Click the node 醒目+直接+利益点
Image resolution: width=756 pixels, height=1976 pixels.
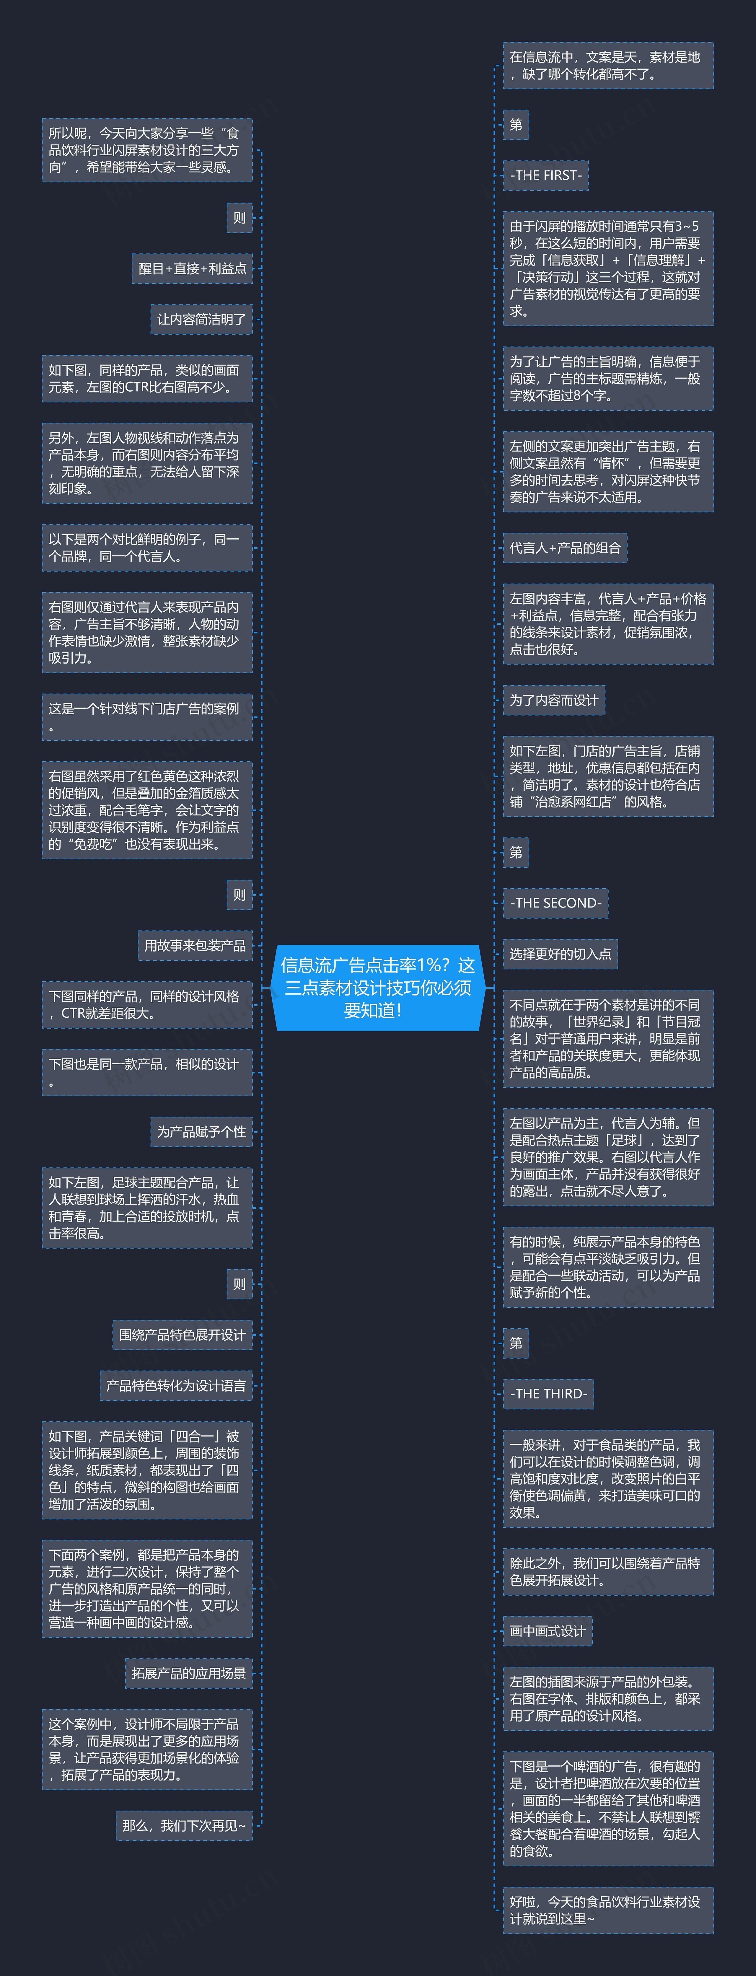(193, 268)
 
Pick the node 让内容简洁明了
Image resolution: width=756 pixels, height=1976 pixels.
(202, 319)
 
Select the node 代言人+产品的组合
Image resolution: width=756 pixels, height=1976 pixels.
(565, 548)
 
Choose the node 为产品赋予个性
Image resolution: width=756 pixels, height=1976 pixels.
(202, 1131)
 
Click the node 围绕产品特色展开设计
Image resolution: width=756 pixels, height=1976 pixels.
(183, 1335)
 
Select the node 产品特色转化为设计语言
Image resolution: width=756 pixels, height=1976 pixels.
(176, 1385)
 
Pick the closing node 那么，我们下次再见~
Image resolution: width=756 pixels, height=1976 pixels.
(184, 1826)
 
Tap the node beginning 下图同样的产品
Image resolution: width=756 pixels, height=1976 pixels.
(147, 1005)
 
